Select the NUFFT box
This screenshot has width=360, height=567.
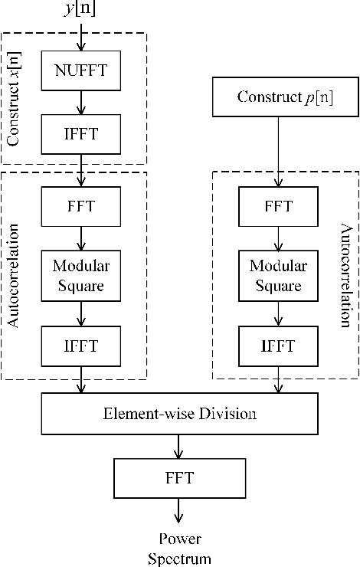pyautogui.click(x=81, y=70)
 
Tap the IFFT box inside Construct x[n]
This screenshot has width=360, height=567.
pyautogui.click(x=81, y=134)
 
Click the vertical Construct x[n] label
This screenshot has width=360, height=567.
pyautogui.click(x=13, y=97)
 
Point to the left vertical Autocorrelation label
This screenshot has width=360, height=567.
pyautogui.click(x=13, y=277)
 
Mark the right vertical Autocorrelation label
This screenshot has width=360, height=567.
pyautogui.click(x=345, y=277)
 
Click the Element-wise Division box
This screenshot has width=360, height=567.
pyautogui.click(x=179, y=414)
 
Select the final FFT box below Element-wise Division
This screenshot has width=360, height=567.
pyautogui.click(x=179, y=478)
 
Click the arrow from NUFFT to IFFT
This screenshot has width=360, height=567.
pyautogui.click(x=81, y=102)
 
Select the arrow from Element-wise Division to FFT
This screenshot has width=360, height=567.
pyautogui.click(x=179, y=447)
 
